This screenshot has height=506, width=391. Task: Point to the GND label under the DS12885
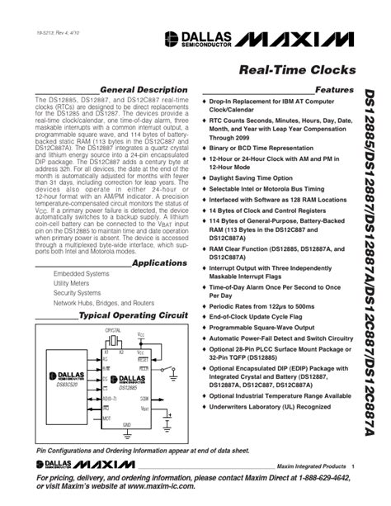click(x=126, y=425)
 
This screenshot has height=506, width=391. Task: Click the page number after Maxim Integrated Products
click(x=354, y=467)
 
